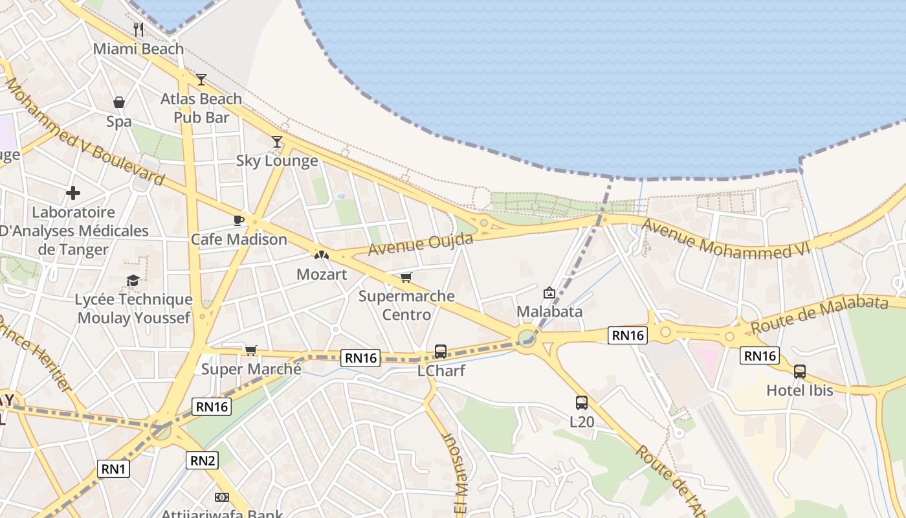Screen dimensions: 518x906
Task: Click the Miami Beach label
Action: pyautogui.click(x=138, y=49)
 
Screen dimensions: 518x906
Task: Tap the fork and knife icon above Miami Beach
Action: pyautogui.click(x=138, y=29)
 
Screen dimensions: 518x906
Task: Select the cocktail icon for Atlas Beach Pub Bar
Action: pyautogui.click(x=201, y=80)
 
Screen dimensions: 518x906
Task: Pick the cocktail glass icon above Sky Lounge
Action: pyautogui.click(x=277, y=141)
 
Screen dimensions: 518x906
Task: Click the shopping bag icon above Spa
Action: pyautogui.click(x=119, y=102)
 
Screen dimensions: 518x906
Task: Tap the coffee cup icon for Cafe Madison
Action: pyautogui.click(x=239, y=220)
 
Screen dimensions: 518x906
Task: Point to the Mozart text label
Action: pyautogui.click(x=322, y=275)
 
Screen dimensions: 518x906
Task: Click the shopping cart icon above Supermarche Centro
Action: pyautogui.click(x=406, y=277)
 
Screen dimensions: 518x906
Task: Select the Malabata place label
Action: pyautogui.click(x=549, y=311)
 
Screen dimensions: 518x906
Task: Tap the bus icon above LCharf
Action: pyautogui.click(x=441, y=352)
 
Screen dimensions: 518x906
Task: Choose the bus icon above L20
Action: pyautogui.click(x=582, y=403)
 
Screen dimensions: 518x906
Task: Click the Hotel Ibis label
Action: pyautogui.click(x=800, y=390)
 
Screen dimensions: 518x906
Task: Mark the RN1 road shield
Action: pyautogui.click(x=114, y=469)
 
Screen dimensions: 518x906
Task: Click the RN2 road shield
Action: pyautogui.click(x=203, y=460)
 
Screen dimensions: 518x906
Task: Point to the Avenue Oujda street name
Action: pyautogui.click(x=421, y=245)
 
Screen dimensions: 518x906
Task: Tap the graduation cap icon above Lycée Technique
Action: pyautogui.click(x=133, y=280)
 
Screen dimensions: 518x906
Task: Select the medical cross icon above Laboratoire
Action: pyautogui.click(x=73, y=193)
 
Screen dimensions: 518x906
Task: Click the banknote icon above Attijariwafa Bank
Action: pyautogui.click(x=222, y=497)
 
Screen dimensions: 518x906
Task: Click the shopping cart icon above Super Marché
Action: pyautogui.click(x=251, y=350)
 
